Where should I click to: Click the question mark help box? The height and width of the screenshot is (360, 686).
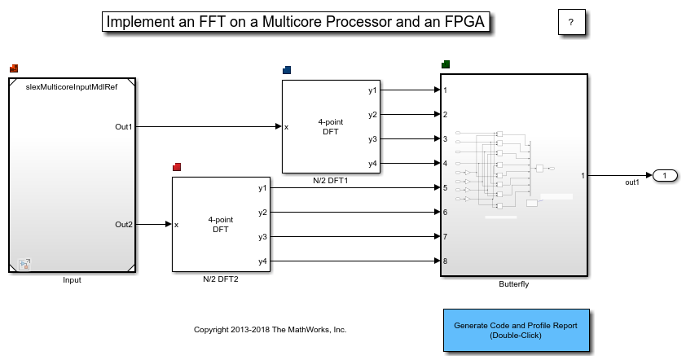[x=571, y=23]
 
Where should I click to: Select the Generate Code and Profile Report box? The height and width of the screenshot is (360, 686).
[x=516, y=330]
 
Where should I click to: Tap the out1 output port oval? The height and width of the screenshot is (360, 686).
[x=665, y=175]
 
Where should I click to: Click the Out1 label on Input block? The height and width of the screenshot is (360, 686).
[x=123, y=127]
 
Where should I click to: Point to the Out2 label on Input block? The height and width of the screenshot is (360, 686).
[x=123, y=224]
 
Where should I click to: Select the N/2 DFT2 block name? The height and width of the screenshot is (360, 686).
[x=220, y=279]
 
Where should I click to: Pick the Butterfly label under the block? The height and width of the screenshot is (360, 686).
[x=513, y=284]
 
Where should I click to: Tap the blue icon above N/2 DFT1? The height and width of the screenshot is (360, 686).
[x=287, y=70]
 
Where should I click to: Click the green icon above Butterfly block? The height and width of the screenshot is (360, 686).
[x=445, y=64]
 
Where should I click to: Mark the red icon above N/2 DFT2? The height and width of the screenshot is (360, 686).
[x=177, y=167]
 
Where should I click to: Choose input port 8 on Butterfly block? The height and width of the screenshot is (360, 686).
[x=446, y=261]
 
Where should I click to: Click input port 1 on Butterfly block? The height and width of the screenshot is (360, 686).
[x=446, y=90]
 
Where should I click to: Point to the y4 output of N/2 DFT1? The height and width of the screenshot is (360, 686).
[x=372, y=164]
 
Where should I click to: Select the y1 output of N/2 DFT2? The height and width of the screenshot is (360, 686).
[x=262, y=188]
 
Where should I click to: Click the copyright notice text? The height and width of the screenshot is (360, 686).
[x=270, y=330]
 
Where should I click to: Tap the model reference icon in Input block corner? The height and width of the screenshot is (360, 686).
[x=24, y=264]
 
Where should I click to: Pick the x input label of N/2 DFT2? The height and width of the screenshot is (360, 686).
[x=177, y=224]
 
